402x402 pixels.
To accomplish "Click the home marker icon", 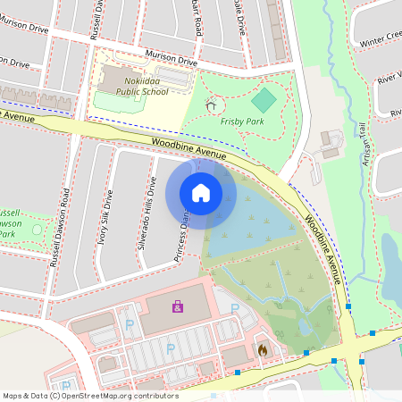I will (200, 192).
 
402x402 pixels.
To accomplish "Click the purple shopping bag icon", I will (178, 306).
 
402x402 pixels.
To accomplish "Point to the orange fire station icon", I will (262, 351).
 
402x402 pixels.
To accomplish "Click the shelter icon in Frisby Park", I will (211, 105).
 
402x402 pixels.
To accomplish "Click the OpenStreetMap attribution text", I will (89, 395).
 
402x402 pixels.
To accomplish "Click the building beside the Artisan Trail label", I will (330, 143).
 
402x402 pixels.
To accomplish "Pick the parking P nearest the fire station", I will (235, 308).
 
